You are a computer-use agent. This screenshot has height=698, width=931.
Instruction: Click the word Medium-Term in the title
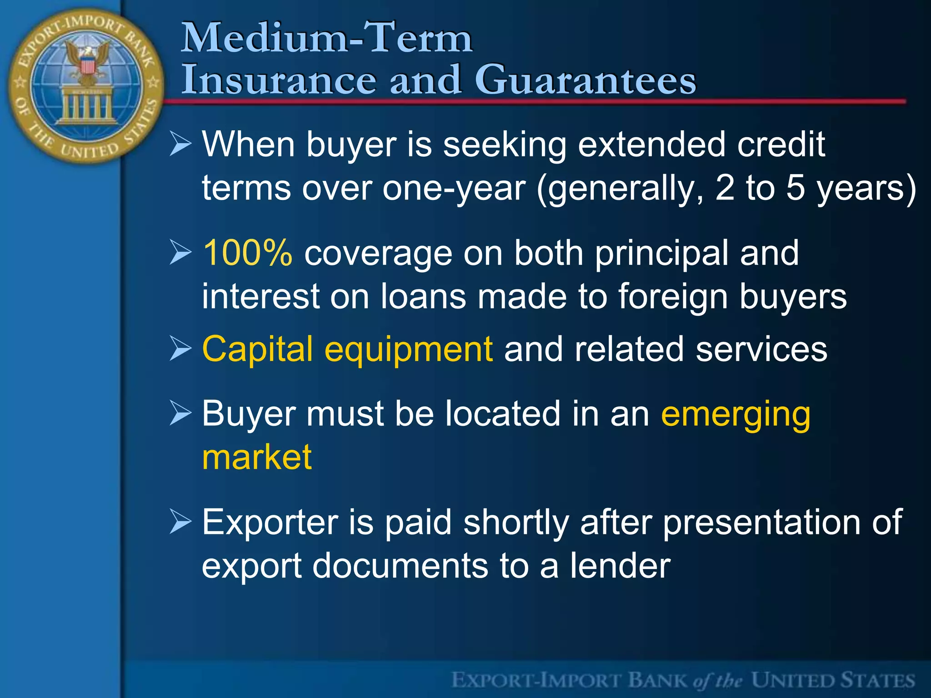[326, 38]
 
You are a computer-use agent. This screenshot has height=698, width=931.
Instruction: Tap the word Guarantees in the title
[585, 80]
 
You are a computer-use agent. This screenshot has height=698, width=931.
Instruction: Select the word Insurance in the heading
[279, 80]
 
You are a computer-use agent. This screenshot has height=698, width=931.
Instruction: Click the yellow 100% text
[247, 253]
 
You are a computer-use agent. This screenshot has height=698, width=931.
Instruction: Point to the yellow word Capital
[257, 349]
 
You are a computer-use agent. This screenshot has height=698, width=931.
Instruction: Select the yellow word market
[257, 457]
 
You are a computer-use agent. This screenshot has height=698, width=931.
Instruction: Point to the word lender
[620, 566]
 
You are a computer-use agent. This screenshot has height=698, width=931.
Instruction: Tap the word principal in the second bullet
[661, 253]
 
